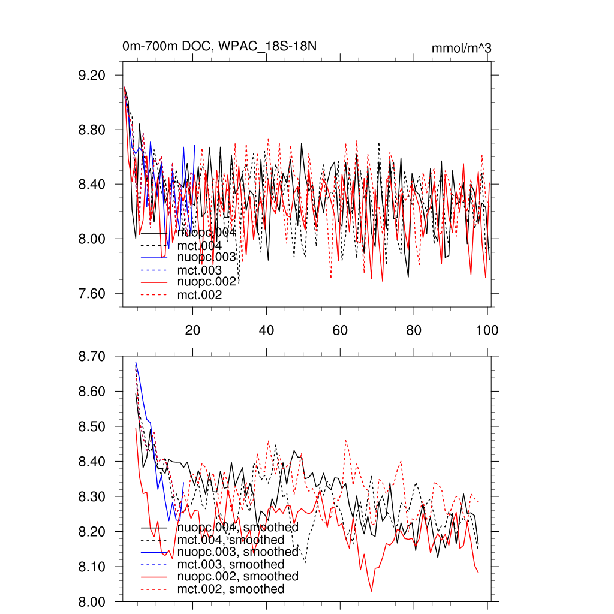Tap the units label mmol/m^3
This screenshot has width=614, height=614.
click(461, 48)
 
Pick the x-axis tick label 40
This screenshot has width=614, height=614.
click(266, 330)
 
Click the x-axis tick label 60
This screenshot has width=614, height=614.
click(339, 330)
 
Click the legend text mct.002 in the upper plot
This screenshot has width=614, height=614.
click(200, 295)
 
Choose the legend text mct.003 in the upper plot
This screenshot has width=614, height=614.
click(200, 270)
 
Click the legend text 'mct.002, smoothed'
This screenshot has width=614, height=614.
click(231, 589)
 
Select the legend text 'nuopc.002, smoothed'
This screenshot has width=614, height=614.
click(238, 576)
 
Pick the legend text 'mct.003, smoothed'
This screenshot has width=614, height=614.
click(231, 564)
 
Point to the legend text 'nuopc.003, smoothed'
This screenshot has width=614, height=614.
click(238, 552)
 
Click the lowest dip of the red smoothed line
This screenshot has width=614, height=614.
click(372, 591)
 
